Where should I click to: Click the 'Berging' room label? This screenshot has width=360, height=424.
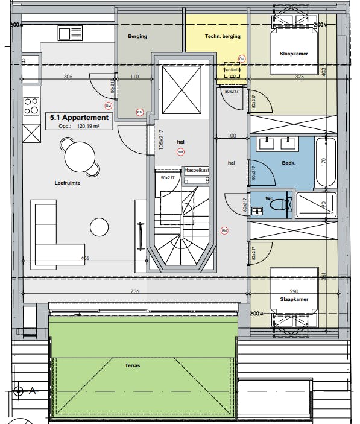point(137,37)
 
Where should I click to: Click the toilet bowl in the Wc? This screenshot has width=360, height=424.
point(279,205)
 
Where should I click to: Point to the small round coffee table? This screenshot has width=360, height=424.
point(100,227)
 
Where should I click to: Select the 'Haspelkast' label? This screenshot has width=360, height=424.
point(197,171)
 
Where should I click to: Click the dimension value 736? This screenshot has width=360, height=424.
point(134,291)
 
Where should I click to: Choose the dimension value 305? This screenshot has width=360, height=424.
point(68,77)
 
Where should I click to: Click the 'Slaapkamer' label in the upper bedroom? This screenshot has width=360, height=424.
point(294,54)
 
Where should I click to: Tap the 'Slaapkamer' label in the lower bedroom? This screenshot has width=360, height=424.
point(294,299)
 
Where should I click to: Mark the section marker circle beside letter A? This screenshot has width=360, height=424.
point(19,391)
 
